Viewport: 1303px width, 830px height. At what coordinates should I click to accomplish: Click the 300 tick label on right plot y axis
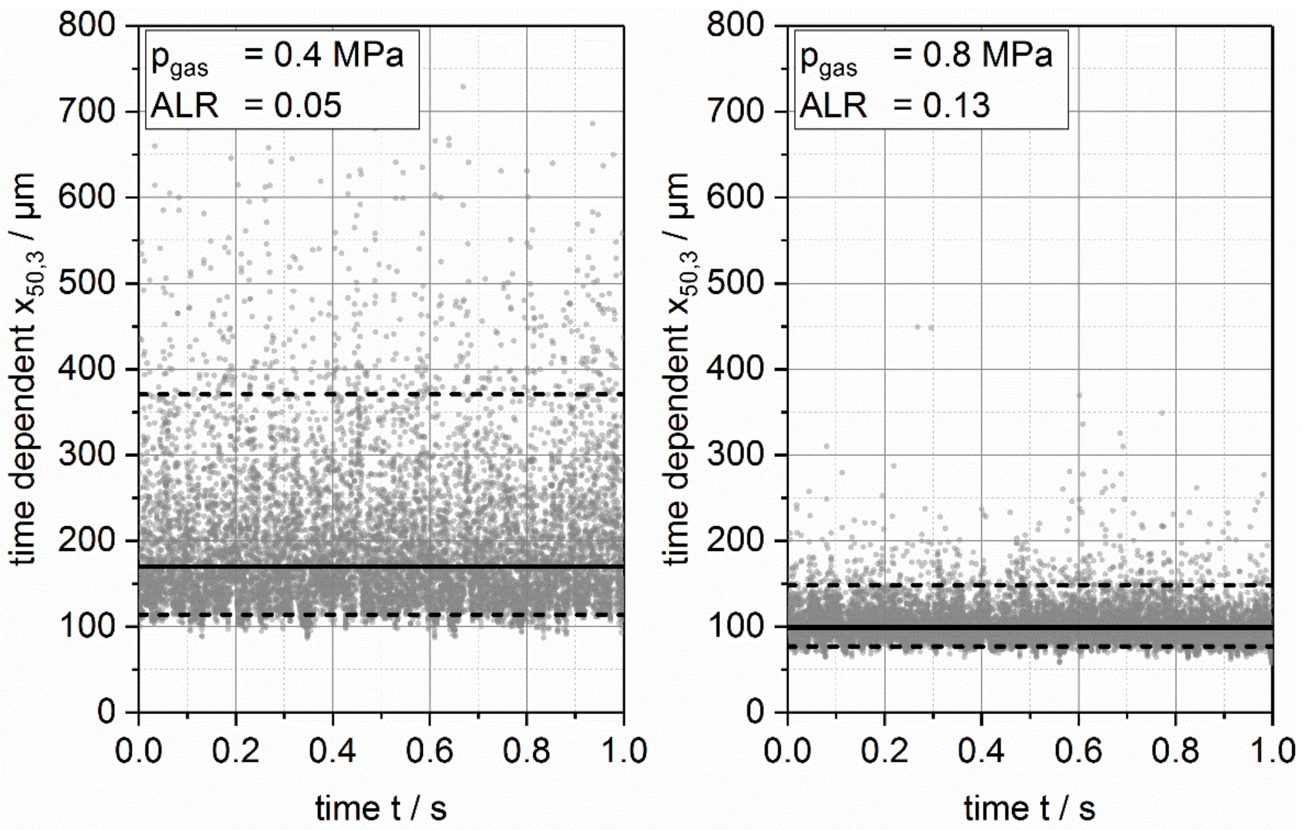(736, 455)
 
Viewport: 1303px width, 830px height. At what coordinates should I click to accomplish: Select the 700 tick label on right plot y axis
(736, 111)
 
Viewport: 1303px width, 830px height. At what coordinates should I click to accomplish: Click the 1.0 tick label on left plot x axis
(623, 751)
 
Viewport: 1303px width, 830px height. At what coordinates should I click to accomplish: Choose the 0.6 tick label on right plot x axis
(1078, 751)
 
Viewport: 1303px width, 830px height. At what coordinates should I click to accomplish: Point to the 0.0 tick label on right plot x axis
(787, 751)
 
